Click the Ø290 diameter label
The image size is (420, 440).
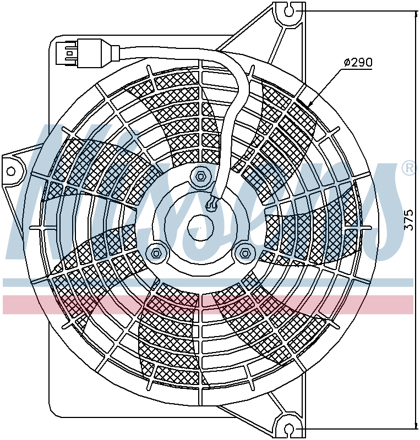point(357,63)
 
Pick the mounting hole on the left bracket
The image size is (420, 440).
point(12,171)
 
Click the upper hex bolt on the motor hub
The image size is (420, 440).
point(201,177)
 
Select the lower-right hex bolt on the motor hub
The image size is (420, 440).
point(244,252)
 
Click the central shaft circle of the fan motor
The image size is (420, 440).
point(200,227)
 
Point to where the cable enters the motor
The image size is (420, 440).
point(212,205)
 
